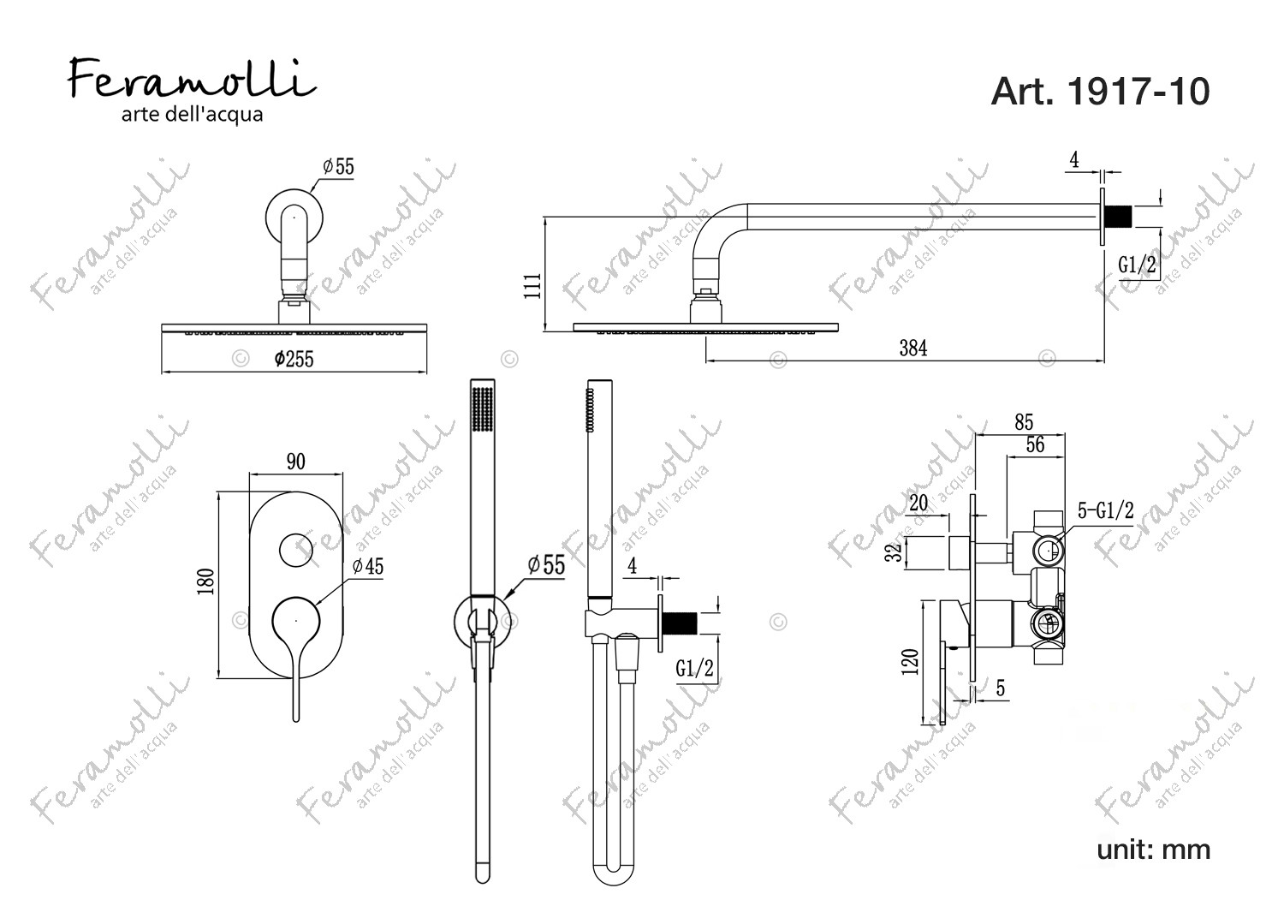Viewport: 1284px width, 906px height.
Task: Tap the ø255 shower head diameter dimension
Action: [294, 360]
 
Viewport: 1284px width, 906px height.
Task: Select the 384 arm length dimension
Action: [913, 348]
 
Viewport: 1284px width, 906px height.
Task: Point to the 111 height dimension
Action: [532, 285]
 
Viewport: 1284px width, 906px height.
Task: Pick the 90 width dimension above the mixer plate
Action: [296, 462]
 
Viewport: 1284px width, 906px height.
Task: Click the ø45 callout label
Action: [368, 567]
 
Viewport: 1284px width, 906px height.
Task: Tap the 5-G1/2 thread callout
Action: [1106, 510]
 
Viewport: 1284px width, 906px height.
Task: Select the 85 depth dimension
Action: [1024, 423]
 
